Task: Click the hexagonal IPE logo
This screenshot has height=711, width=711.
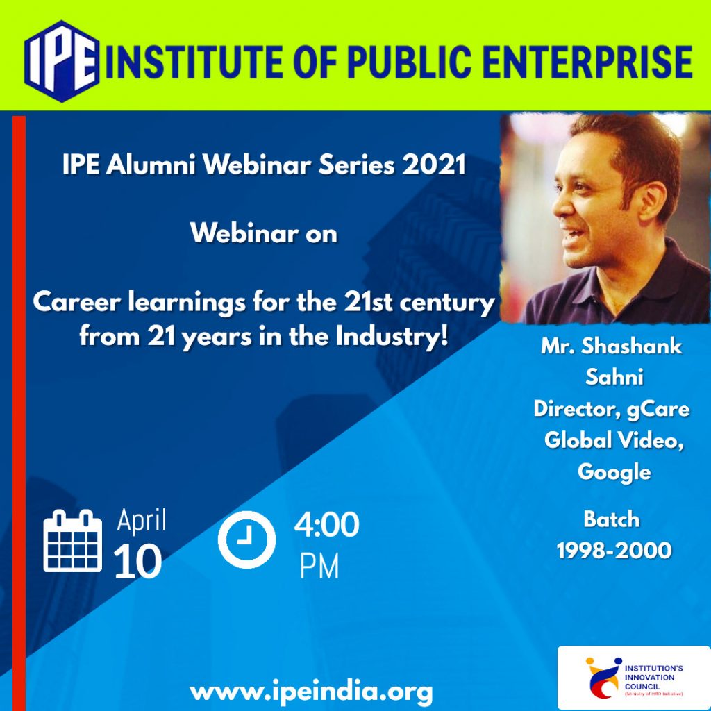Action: (x=62, y=61)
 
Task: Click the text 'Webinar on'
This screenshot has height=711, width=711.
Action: (x=264, y=233)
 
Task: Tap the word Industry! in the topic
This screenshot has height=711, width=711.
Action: (x=392, y=337)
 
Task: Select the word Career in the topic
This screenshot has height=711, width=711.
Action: (x=77, y=303)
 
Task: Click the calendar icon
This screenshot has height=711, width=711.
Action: (x=72, y=540)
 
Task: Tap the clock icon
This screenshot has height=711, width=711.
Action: (x=246, y=539)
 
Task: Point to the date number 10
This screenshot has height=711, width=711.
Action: (x=137, y=562)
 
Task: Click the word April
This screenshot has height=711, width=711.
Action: (x=142, y=521)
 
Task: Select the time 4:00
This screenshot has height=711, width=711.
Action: (x=326, y=525)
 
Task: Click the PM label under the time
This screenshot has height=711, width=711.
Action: (x=319, y=567)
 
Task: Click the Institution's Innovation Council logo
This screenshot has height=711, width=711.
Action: (x=634, y=677)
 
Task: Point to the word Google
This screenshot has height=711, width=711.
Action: (x=614, y=472)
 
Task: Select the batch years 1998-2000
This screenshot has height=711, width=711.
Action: (x=614, y=551)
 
